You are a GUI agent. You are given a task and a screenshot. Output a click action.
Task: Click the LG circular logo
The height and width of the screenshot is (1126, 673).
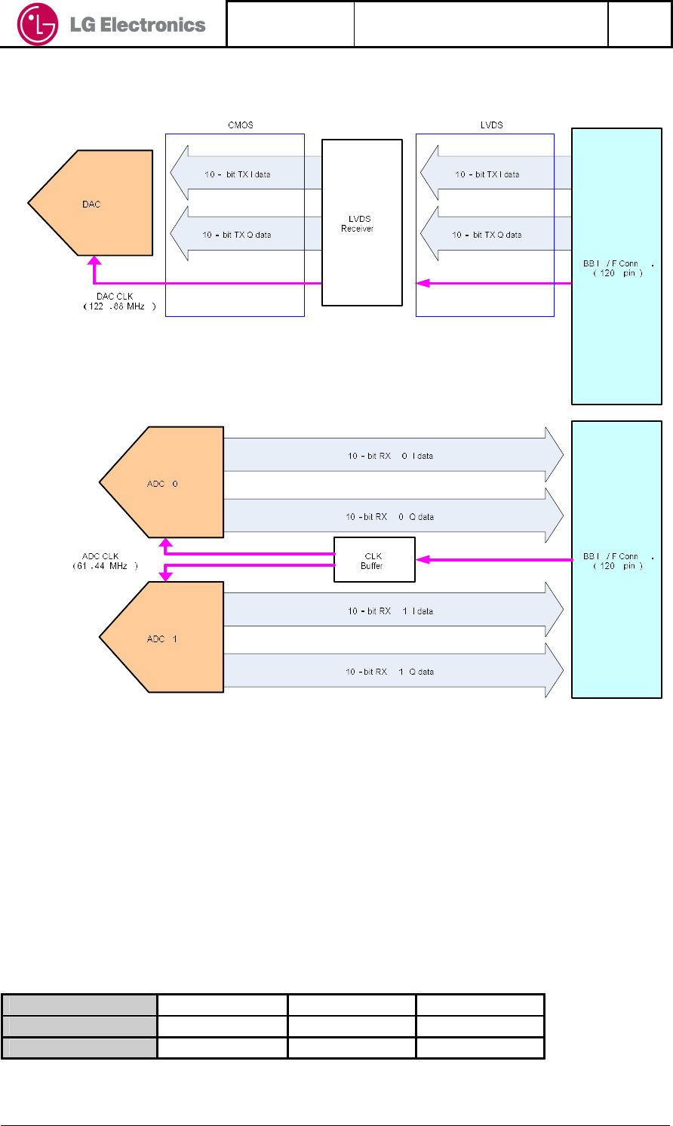pyautogui.click(x=37, y=25)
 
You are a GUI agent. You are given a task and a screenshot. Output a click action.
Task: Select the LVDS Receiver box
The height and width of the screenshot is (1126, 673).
pyautogui.click(x=361, y=223)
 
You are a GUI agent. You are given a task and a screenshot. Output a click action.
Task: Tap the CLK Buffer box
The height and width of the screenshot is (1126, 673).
pyautogui.click(x=374, y=560)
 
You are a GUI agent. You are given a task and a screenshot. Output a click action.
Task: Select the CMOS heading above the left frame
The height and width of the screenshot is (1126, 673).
pyautogui.click(x=241, y=125)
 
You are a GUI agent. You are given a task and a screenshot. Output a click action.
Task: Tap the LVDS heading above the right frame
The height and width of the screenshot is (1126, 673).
pyautogui.click(x=491, y=125)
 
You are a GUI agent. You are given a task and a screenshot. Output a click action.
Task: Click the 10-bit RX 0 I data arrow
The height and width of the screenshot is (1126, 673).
pyautogui.click(x=392, y=456)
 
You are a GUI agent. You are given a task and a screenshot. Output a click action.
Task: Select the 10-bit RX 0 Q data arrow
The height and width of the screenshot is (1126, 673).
pyautogui.click(x=392, y=517)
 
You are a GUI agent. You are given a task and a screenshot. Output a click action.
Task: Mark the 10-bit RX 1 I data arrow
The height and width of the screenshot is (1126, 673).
pyautogui.click(x=392, y=611)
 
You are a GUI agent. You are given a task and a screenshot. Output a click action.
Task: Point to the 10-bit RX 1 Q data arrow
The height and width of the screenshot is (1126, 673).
pyautogui.click(x=392, y=672)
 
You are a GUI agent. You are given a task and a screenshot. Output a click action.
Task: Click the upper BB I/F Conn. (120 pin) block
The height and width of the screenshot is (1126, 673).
pyautogui.click(x=616, y=267)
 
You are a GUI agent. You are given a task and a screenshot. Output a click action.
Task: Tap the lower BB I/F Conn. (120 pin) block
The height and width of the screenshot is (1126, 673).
pyautogui.click(x=616, y=560)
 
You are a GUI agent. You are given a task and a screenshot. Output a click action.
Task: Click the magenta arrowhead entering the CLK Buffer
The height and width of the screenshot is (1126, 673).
pyautogui.click(x=423, y=560)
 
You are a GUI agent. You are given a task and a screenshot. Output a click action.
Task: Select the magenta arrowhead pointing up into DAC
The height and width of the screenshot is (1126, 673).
pyautogui.click(x=94, y=262)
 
